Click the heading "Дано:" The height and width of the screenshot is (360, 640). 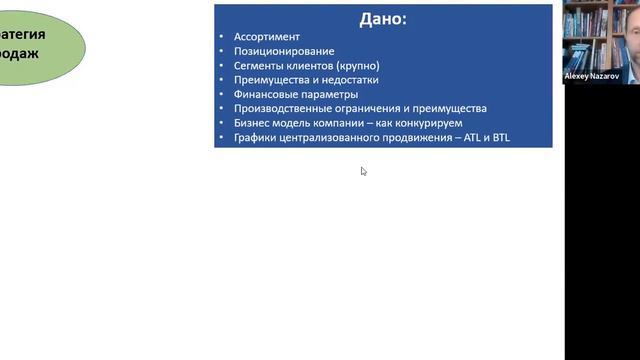click(x=382, y=18)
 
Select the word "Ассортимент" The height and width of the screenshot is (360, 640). click(x=266, y=37)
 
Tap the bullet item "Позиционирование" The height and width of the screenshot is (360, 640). click(x=284, y=51)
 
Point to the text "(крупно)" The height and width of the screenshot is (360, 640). click(x=358, y=66)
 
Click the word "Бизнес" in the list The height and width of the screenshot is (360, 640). click(x=253, y=123)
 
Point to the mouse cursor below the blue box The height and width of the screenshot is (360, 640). click(x=363, y=171)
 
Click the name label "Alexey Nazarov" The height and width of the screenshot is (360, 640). click(x=593, y=76)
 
